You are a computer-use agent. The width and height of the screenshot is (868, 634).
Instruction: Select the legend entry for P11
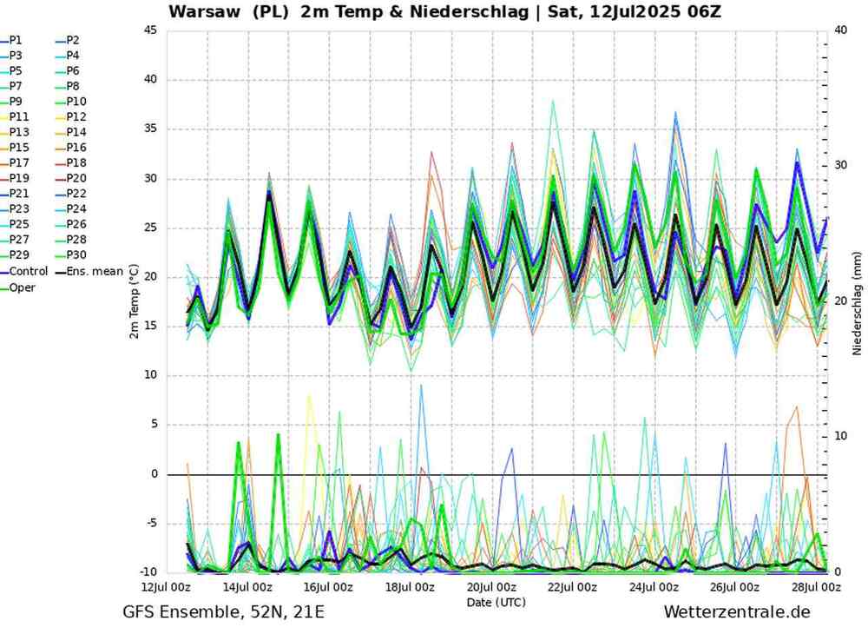[19, 116]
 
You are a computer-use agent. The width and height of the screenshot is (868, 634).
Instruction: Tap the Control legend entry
[28, 272]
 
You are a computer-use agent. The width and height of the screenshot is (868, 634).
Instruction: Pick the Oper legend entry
[22, 287]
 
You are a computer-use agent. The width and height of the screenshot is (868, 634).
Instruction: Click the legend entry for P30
[76, 256]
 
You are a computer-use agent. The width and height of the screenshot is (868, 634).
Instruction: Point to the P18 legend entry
[76, 163]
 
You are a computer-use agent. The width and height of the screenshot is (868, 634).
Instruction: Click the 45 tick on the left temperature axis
[150, 30]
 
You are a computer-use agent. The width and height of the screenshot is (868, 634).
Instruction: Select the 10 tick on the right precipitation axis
[840, 436]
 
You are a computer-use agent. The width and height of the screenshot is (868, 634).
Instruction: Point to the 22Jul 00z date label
[572, 587]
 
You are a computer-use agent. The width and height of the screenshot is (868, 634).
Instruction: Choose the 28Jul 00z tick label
[816, 587]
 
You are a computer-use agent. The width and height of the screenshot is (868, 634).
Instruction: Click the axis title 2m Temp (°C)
[134, 301]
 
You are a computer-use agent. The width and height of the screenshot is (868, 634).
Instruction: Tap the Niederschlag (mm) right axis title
[856, 301]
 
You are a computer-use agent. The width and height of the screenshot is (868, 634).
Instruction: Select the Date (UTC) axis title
[496, 601]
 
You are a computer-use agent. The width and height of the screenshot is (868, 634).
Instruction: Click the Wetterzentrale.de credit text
[736, 613]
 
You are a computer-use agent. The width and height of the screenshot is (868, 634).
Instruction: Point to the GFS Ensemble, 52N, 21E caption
[224, 613]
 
